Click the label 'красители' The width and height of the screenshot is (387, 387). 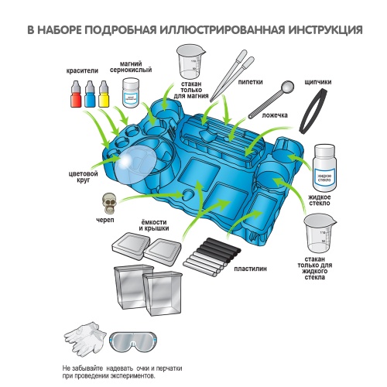coord(82,70)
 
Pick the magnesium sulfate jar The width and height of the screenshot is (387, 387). coord(131,93)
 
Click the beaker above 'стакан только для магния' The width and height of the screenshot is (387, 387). coord(190,61)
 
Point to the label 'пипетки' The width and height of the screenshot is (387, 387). coord(250,82)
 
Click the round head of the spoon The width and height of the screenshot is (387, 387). coord(287,86)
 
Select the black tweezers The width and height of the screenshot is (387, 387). coord(313,111)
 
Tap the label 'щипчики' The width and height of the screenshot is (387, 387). coord(318,82)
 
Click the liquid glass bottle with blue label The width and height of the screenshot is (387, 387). coord(324,168)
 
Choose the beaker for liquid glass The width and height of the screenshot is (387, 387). coord(320,234)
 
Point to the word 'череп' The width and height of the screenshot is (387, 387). coord(105,220)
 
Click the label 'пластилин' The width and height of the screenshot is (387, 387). coord(250,269)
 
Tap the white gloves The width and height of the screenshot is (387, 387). coord(84,337)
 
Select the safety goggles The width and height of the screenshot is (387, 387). coord(133,342)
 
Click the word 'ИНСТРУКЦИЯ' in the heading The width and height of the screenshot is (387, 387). coord(325,30)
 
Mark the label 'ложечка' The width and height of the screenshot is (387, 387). coord(275,115)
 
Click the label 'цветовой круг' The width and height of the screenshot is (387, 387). coord(83,176)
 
